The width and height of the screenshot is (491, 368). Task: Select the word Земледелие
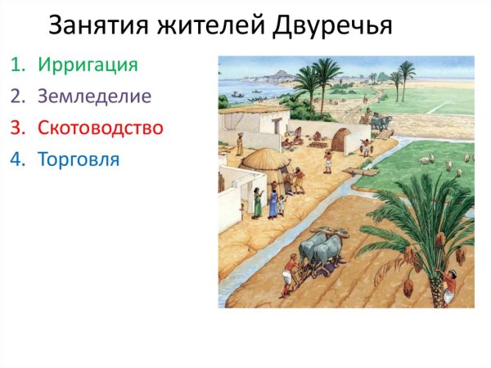click(x=94, y=96)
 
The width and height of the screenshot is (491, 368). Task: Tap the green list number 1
click(x=17, y=65)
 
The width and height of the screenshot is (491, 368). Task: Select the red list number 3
click(x=17, y=128)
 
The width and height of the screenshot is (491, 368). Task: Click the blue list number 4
click(x=17, y=159)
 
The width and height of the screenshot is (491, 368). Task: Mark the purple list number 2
click(x=17, y=96)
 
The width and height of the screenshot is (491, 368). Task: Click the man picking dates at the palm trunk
click(x=448, y=286)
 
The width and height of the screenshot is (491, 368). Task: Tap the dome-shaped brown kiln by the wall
click(x=340, y=139)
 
